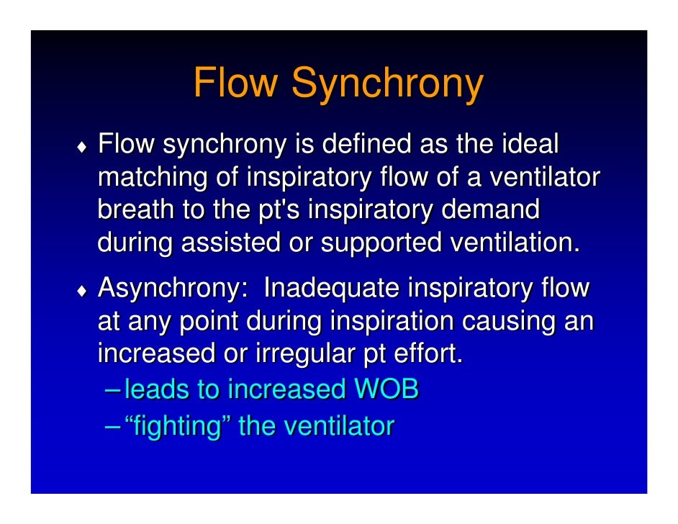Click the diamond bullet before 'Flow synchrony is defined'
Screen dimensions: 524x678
point(83,149)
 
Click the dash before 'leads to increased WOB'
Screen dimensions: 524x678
point(112,389)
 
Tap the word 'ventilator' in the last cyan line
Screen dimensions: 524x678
point(339,426)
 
